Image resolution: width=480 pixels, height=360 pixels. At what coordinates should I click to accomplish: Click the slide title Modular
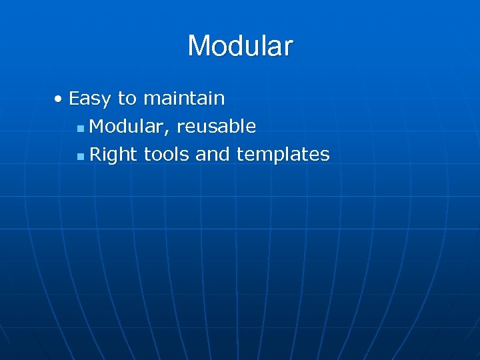240,46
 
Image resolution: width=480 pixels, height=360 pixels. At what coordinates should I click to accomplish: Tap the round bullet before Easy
59,99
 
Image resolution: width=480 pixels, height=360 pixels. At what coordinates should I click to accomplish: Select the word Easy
91,99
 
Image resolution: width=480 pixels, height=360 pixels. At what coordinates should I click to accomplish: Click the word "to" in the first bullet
127,99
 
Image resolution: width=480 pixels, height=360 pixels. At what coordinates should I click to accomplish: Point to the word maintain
184,99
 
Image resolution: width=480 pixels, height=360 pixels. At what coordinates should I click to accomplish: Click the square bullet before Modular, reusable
80,127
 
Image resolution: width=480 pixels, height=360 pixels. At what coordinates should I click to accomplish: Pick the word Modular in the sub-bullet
127,126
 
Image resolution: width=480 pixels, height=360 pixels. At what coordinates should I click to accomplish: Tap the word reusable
216,126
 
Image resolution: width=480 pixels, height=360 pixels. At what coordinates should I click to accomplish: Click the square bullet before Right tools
80,156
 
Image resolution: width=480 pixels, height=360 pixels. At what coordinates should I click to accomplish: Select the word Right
113,155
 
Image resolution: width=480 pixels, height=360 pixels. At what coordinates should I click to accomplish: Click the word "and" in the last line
213,155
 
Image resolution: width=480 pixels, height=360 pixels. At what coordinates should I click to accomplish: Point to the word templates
283,155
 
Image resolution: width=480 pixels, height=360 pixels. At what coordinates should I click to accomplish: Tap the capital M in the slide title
199,46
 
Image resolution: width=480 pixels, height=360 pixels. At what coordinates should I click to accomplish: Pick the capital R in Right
95,154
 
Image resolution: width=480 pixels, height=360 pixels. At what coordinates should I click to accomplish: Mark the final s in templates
325,156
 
